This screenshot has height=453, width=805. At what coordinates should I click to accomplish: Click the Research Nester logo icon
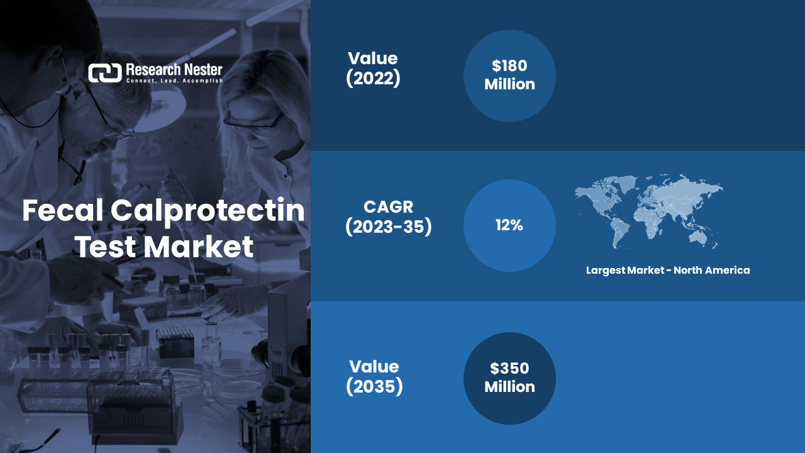pos(105,73)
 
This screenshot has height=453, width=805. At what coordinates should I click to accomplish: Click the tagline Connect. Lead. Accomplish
pos(174,81)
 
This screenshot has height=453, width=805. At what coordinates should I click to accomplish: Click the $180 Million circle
pos(509,76)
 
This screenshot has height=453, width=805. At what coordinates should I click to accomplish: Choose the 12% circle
pos(509,225)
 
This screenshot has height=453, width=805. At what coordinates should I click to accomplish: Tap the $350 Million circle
pos(509,378)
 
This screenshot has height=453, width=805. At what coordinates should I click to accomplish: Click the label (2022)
pos(373,78)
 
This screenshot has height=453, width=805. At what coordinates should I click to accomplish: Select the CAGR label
pos(389,207)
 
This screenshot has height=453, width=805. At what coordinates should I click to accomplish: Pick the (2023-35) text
pos(389,227)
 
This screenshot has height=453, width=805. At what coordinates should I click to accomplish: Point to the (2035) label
pos(374,386)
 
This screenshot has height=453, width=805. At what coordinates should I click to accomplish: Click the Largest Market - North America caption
pos(668,271)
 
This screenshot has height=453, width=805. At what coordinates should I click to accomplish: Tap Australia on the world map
pos(698,237)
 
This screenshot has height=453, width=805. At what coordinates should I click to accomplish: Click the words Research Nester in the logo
pos(174,70)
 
